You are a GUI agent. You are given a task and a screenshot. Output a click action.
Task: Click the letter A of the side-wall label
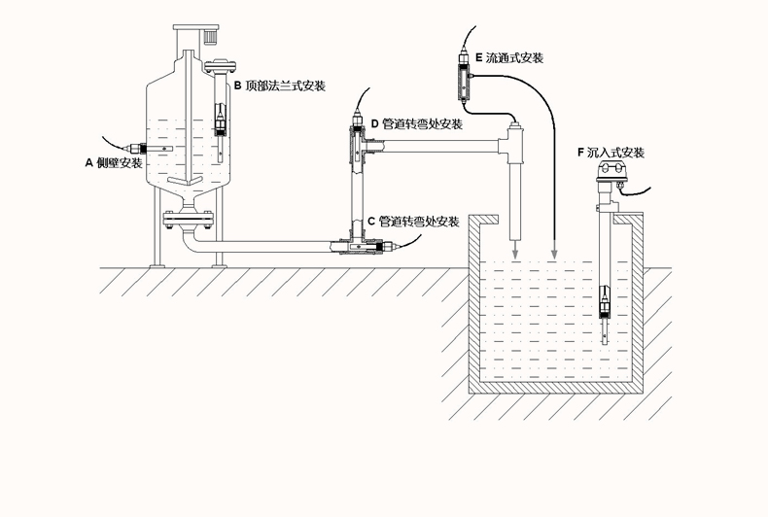pyautogui.click(x=90, y=164)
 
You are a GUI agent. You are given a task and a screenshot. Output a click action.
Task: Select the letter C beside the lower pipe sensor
pyautogui.click(x=371, y=222)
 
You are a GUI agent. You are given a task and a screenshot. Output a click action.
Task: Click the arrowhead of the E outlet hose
pyautogui.click(x=554, y=255)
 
